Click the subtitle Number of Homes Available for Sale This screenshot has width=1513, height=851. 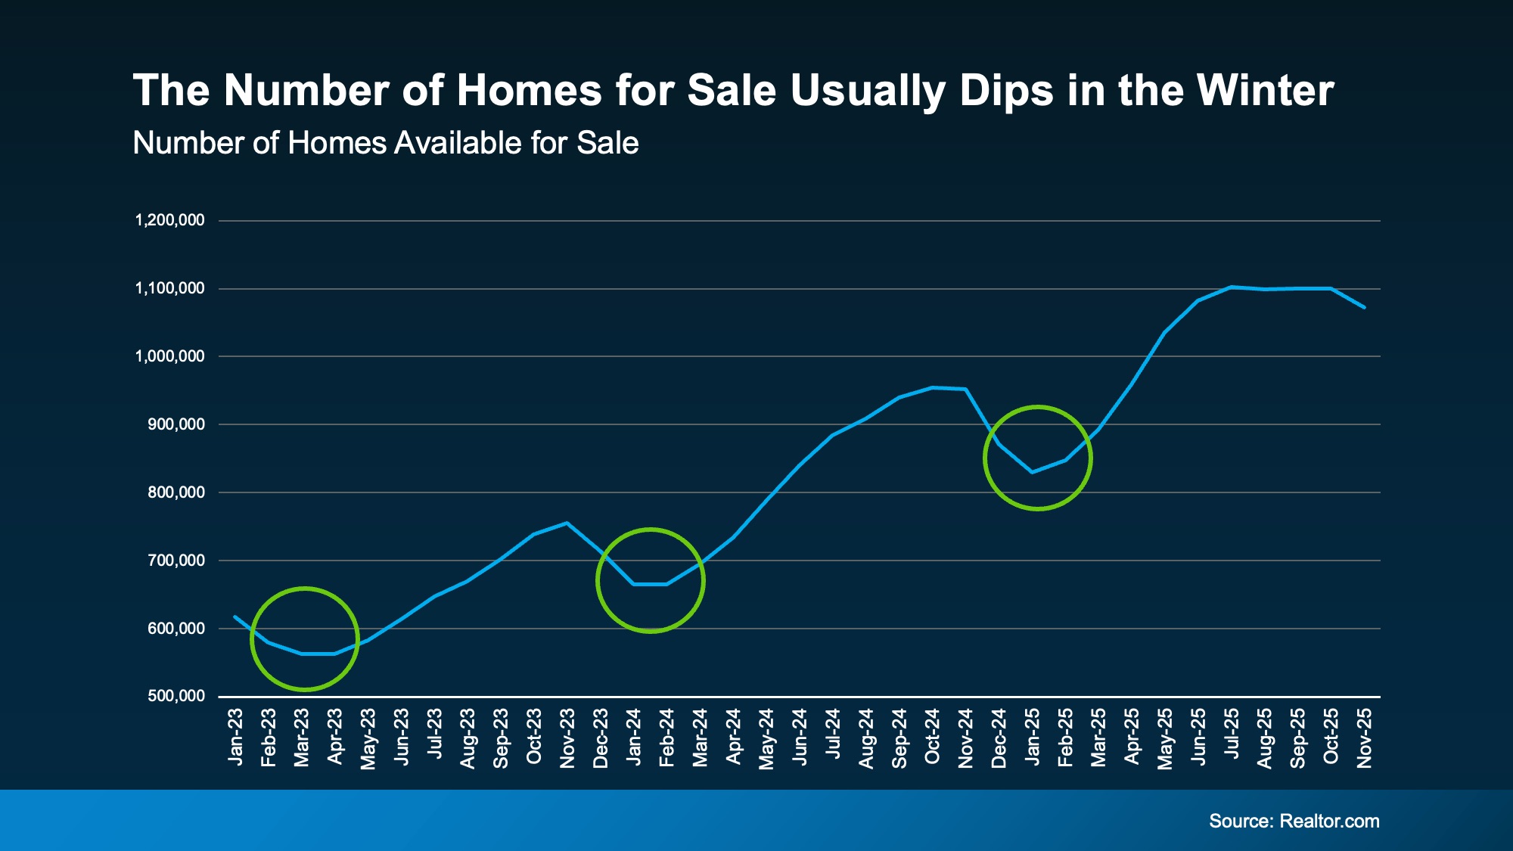[x=385, y=143]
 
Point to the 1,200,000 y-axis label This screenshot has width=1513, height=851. [x=169, y=220]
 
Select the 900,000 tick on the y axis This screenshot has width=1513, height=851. [x=176, y=424]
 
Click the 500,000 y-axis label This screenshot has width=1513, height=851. [x=176, y=696]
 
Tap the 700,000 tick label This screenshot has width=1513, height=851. [x=176, y=561]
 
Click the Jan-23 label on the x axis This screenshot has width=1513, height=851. [x=235, y=737]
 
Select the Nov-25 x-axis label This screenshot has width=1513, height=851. [x=1364, y=738]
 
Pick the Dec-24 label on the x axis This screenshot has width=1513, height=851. [x=999, y=738]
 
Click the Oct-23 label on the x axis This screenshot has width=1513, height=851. [x=534, y=737]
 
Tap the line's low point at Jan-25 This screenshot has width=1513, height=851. [x=1032, y=472]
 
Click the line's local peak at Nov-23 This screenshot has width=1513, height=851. [x=567, y=523]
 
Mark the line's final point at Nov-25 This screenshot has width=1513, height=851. [x=1364, y=307]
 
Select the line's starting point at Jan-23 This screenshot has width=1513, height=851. [x=235, y=617]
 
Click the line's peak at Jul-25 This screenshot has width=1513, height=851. [x=1232, y=287]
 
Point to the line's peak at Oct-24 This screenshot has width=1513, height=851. [x=932, y=387]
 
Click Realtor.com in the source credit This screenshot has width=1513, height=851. [x=1329, y=821]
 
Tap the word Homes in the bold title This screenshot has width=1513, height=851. [x=529, y=91]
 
